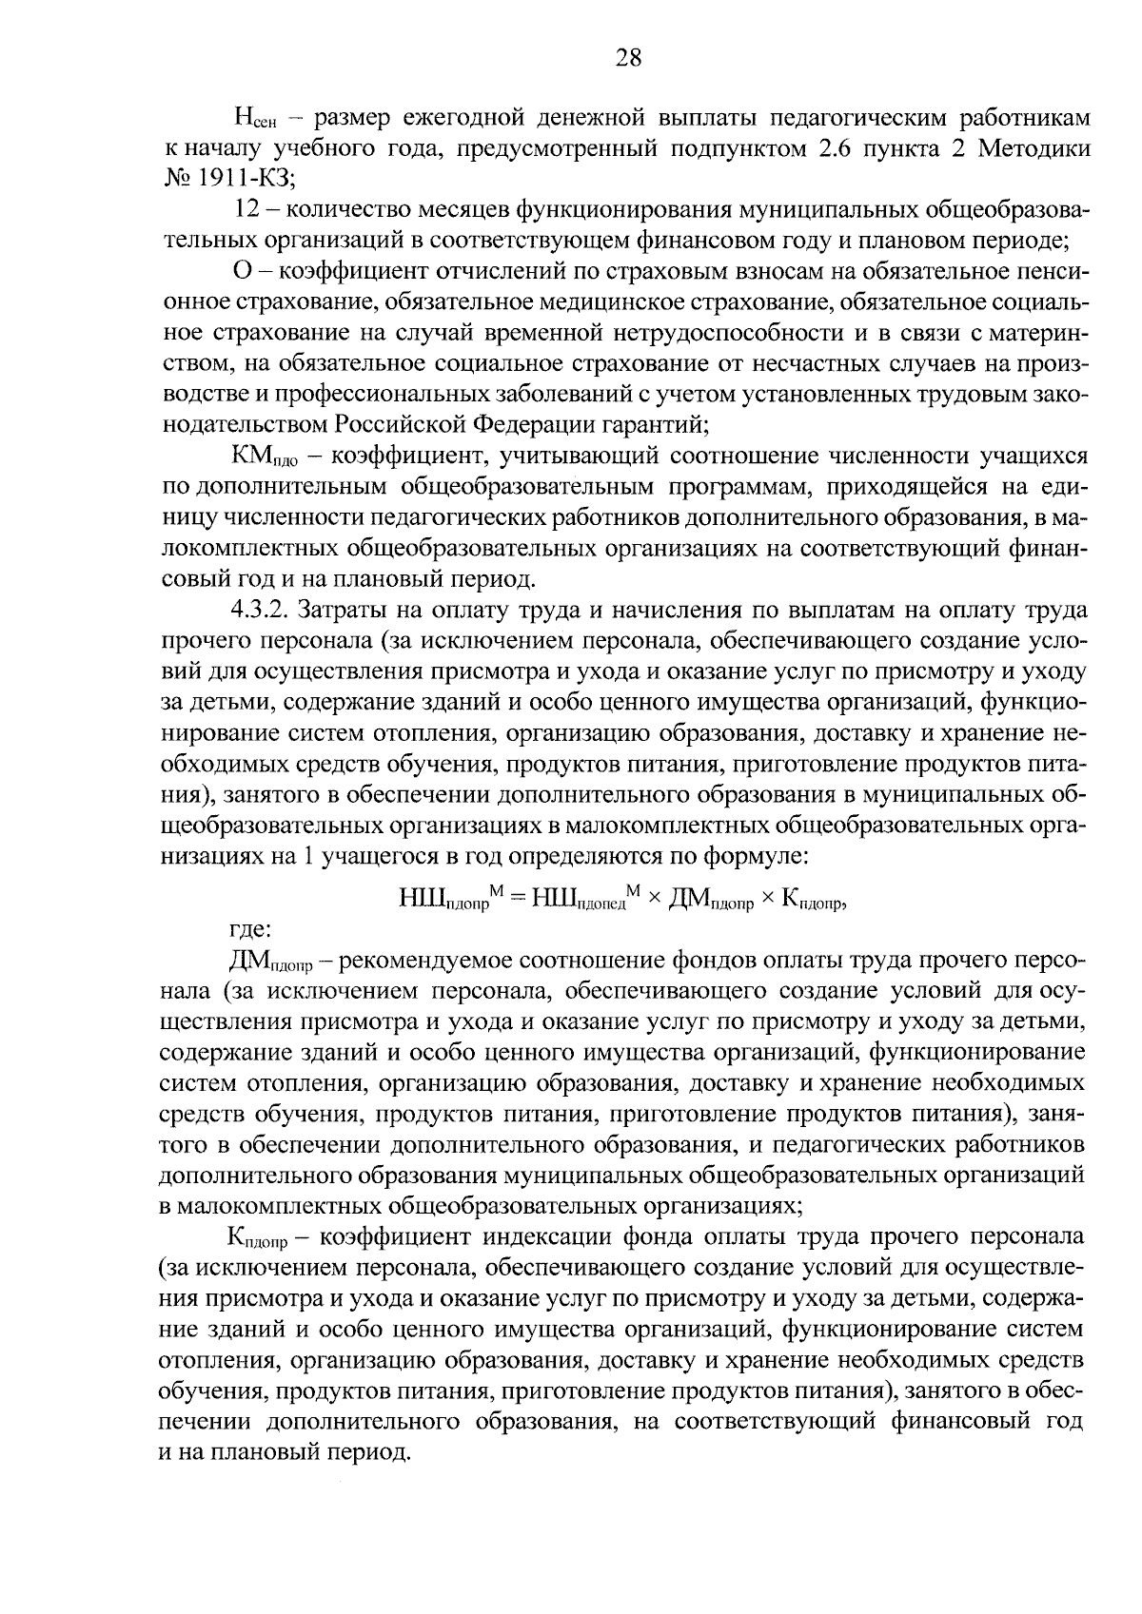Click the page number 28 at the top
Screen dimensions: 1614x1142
[x=629, y=58]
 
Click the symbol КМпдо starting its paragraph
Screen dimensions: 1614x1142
[x=265, y=457]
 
